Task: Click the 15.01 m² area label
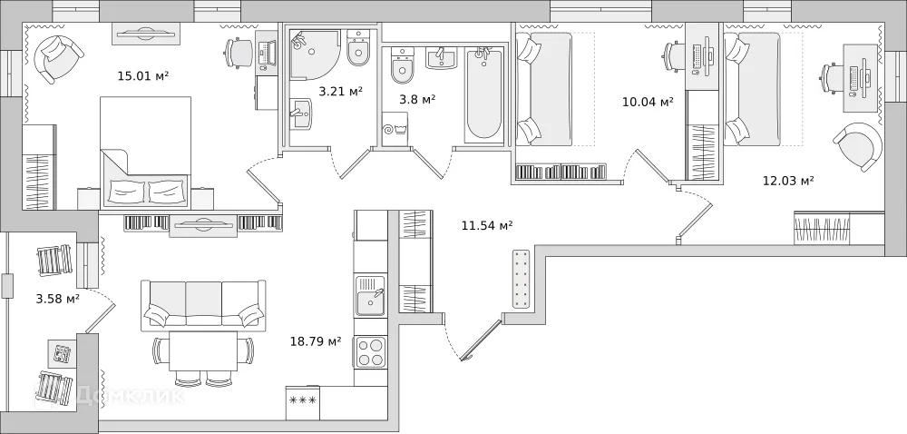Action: click(x=143, y=76)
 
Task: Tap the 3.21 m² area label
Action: click(x=340, y=91)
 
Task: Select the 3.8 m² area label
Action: click(x=417, y=100)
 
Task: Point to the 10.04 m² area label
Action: click(x=648, y=102)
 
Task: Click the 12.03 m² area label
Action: click(x=787, y=181)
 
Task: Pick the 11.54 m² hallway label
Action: click(x=487, y=226)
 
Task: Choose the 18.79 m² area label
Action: click(x=315, y=341)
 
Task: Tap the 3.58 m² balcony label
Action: click(x=57, y=298)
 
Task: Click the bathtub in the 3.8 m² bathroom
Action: click(x=483, y=96)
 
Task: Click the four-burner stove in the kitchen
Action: click(x=371, y=351)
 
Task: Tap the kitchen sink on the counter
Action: click(x=370, y=296)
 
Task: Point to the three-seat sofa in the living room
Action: click(x=203, y=304)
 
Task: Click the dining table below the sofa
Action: click(x=203, y=351)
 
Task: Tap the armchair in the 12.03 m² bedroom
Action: click(x=857, y=146)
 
